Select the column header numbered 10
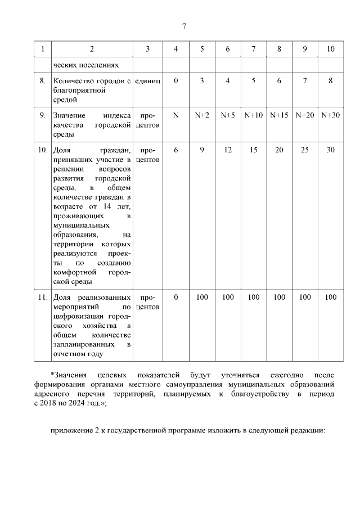coord(331,49)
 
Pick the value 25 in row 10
coord(305,150)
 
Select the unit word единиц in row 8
coord(147,81)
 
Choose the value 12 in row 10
coord(227,150)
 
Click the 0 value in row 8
coord(176,81)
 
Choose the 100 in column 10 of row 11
coord(331,297)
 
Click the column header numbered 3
coord(147,49)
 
